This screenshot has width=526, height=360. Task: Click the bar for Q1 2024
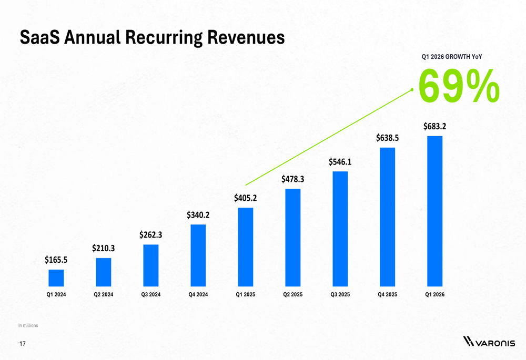(56, 278)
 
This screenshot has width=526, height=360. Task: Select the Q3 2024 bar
(151, 265)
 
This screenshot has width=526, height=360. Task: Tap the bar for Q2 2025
(293, 238)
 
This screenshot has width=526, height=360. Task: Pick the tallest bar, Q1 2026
(435, 211)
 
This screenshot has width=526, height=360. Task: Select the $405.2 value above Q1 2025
(246, 198)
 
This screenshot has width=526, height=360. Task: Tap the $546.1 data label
(340, 162)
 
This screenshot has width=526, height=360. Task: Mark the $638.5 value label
(388, 138)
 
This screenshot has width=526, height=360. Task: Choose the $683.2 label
(435, 126)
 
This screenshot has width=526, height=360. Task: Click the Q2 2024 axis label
(104, 295)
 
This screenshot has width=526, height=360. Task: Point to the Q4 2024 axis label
(198, 295)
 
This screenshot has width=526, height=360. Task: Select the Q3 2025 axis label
(340, 295)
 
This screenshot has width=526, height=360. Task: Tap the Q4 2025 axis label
(388, 295)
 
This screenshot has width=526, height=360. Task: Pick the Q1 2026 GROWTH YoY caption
(452, 56)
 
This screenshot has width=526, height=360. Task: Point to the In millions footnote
(28, 326)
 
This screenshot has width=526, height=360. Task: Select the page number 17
(22, 344)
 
